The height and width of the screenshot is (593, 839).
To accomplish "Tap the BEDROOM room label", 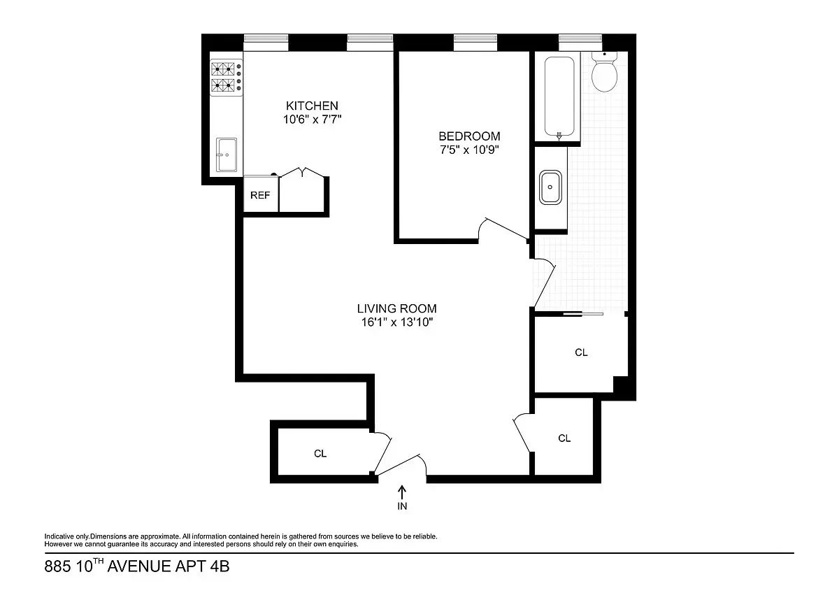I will click(469, 136).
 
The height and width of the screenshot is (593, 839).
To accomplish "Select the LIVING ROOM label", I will click(396, 308).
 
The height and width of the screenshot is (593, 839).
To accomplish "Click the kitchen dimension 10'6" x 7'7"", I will click(312, 120).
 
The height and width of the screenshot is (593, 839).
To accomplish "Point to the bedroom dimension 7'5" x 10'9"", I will click(469, 150).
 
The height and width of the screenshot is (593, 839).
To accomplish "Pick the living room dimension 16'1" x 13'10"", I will click(396, 322).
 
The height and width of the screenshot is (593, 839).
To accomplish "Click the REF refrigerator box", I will click(260, 195).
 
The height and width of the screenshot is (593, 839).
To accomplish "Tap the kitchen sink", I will click(226, 154).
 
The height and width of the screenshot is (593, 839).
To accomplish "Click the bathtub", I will click(559, 97).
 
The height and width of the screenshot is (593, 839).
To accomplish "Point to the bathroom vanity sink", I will click(551, 187).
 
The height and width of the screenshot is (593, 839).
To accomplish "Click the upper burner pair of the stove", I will click(224, 69).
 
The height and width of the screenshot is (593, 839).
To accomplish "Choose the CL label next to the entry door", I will click(320, 454).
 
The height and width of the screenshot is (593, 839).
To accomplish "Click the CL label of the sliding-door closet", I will click(581, 352).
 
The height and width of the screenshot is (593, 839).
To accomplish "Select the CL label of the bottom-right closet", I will click(564, 438).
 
